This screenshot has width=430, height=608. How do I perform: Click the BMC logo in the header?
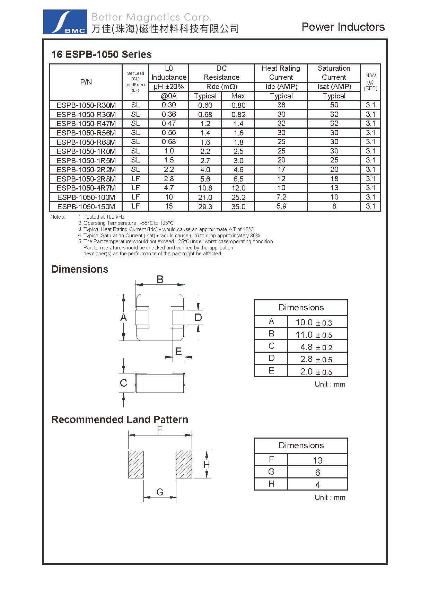tap(65, 22)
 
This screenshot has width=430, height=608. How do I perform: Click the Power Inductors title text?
tap(343, 27)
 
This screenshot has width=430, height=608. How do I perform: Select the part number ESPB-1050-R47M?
tap(86, 124)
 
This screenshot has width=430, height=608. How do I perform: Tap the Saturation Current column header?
tap(334, 73)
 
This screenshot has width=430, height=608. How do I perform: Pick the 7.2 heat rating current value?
tap(281, 197)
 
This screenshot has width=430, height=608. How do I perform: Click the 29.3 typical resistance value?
tap(205, 206)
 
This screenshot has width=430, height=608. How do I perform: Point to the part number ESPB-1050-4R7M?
tap(86, 188)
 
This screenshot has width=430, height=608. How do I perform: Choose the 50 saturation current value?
tap(334, 105)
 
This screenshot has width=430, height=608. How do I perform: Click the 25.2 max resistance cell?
tap(238, 197)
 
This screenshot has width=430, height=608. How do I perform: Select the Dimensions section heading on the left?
tap(80, 269)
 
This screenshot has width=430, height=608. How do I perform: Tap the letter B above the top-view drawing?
tap(160, 279)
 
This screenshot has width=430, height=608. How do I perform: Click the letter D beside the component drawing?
tap(198, 317)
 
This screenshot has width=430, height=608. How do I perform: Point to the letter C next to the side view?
tap(123, 383)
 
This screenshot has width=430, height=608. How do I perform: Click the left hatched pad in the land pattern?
tap(136, 465)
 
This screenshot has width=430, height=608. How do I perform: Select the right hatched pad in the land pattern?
tap(184, 465)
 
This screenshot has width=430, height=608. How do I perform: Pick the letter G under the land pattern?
tap(160, 492)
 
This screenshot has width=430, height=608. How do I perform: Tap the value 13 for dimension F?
tap(317, 460)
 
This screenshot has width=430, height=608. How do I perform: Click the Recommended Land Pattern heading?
tap(120, 420)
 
